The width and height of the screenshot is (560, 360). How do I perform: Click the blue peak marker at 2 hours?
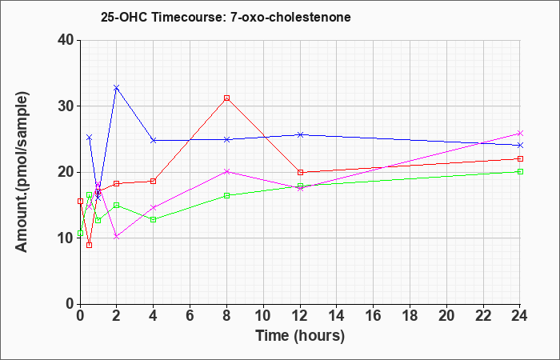(x=117, y=87)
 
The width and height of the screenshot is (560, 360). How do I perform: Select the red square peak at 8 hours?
(x=226, y=98)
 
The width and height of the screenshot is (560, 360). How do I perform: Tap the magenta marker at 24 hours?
(x=520, y=134)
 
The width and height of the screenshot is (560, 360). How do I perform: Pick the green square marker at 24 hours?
(x=520, y=171)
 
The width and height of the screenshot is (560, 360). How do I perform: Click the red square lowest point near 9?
(x=90, y=245)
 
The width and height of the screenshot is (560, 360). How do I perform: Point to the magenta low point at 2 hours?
(x=117, y=237)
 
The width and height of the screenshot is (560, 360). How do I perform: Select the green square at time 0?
(x=80, y=234)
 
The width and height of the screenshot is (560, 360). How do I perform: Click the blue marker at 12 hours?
(x=300, y=134)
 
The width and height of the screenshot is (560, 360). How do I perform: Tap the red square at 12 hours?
(x=300, y=172)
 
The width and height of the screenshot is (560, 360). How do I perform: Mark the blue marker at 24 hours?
(x=520, y=146)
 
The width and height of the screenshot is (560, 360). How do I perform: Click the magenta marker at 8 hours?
(x=226, y=171)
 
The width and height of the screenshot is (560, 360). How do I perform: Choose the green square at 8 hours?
(x=226, y=195)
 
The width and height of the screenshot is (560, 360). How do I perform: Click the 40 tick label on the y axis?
(x=66, y=40)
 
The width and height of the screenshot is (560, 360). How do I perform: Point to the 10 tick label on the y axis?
(x=66, y=238)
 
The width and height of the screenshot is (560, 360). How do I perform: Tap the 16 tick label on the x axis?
(x=374, y=316)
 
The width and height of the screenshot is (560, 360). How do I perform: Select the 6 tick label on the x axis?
(x=190, y=316)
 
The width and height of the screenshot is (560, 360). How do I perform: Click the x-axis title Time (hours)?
(x=300, y=336)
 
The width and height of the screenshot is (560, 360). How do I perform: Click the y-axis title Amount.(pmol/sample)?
(x=22, y=172)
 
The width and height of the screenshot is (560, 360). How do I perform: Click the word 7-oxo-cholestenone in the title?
(x=290, y=17)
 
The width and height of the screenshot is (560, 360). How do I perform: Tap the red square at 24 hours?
(x=520, y=158)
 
